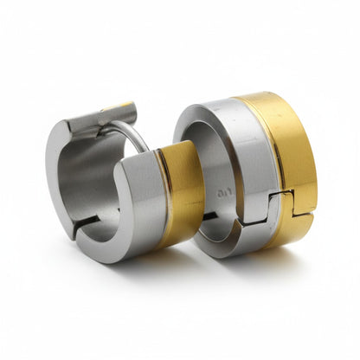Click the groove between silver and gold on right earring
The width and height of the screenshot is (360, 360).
coord(275,173)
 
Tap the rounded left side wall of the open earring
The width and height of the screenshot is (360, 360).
coord(59,173)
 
